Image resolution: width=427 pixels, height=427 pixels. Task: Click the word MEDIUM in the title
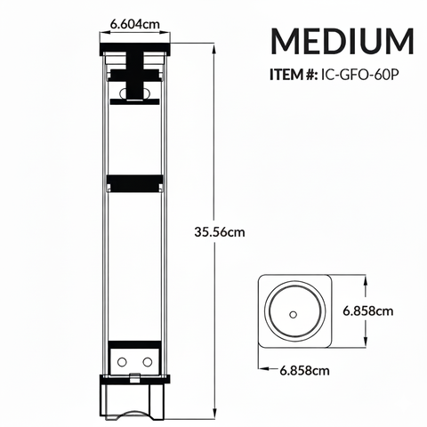click(x=342, y=42)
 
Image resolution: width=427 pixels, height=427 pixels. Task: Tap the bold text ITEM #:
click(x=290, y=75)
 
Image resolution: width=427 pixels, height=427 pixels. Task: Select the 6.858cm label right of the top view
click(x=367, y=310)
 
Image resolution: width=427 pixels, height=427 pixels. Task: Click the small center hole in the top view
click(x=293, y=314)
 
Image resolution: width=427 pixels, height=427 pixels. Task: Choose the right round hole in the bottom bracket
click(x=145, y=361)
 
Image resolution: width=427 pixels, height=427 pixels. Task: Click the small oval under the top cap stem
click(x=134, y=100)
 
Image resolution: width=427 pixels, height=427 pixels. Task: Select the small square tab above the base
click(x=134, y=378)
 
